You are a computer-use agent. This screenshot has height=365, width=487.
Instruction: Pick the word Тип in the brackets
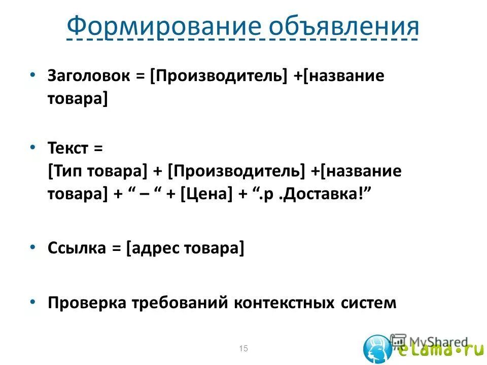coord(64,172)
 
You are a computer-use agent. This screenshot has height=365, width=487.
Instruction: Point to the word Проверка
coord(87,303)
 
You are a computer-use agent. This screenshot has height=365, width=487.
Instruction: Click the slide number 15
coord(243,348)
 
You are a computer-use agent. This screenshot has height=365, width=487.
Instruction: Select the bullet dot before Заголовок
coord(32,75)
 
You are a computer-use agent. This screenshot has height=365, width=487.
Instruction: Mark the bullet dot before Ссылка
coord(32,246)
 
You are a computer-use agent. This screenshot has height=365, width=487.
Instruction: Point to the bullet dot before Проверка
coord(32,301)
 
